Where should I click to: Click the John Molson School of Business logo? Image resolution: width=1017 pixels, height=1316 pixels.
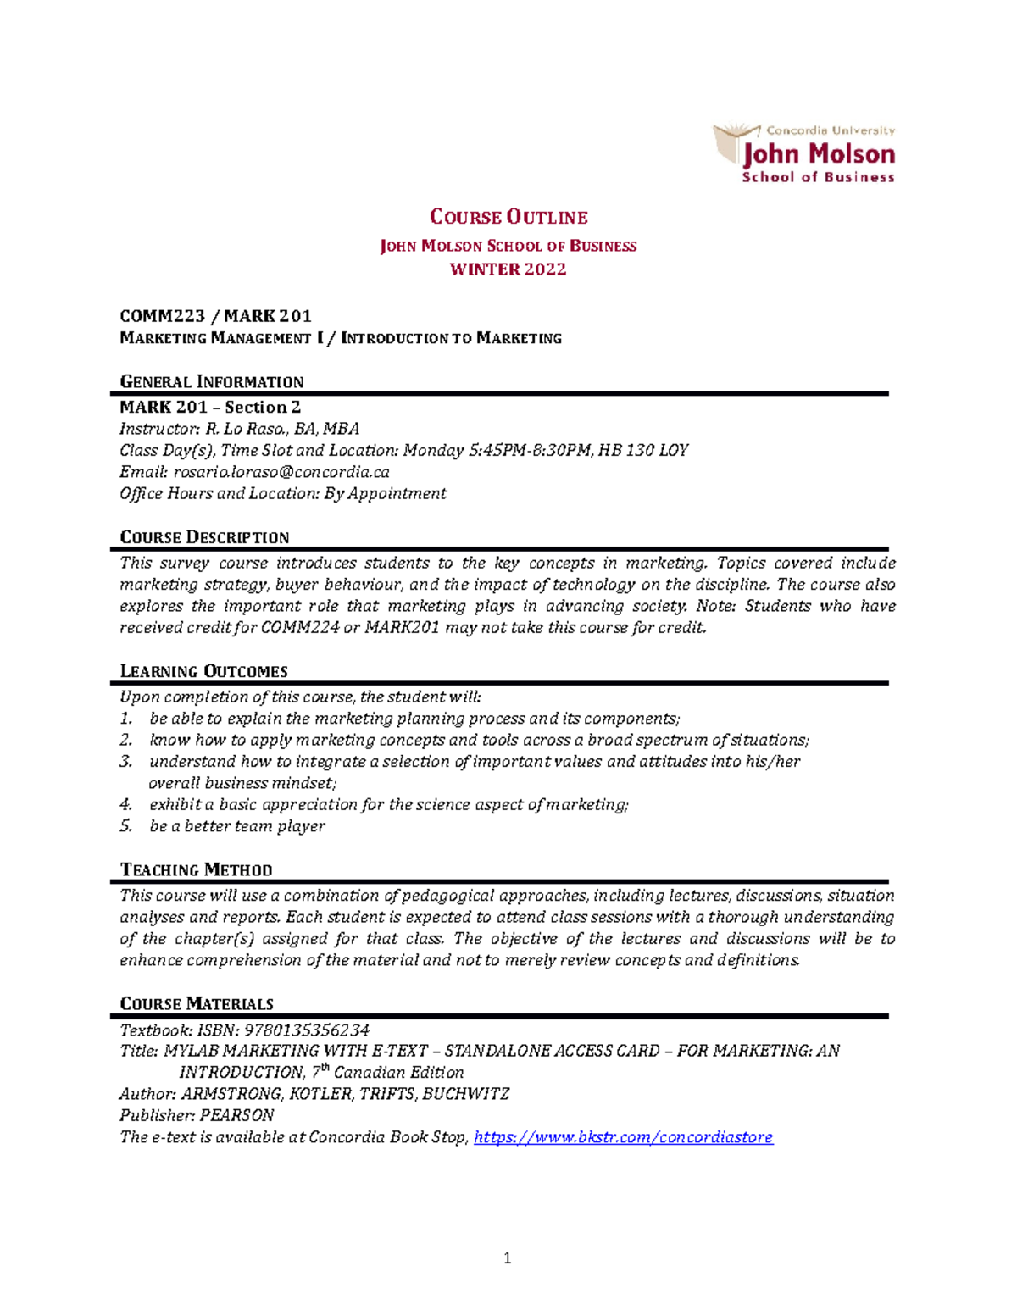pyautogui.click(x=804, y=153)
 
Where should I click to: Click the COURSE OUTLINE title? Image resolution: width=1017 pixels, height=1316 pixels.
pyautogui.click(x=508, y=217)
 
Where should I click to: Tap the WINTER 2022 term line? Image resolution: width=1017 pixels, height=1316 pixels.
pyautogui.click(x=508, y=269)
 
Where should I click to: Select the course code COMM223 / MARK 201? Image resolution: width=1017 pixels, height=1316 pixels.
pyautogui.click(x=215, y=316)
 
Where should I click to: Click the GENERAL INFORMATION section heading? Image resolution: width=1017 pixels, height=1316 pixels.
pyautogui.click(x=211, y=381)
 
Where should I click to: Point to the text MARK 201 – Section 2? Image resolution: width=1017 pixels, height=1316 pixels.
pyautogui.click(x=210, y=407)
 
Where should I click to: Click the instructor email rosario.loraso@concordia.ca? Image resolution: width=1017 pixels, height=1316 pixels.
pyautogui.click(x=281, y=472)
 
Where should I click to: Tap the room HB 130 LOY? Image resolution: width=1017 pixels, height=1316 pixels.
pyautogui.click(x=643, y=450)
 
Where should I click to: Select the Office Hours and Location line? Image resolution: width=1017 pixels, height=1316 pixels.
pyautogui.click(x=282, y=493)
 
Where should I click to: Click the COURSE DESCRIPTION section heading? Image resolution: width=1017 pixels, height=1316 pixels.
pyautogui.click(x=204, y=537)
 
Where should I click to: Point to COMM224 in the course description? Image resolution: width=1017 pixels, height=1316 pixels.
pyautogui.click(x=299, y=628)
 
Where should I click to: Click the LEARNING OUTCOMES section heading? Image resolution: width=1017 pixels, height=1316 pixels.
pyautogui.click(x=203, y=671)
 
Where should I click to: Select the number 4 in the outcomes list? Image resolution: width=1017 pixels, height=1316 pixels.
pyautogui.click(x=125, y=805)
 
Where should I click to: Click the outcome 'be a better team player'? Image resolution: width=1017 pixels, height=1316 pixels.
pyautogui.click(x=236, y=826)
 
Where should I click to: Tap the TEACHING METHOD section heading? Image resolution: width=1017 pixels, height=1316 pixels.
pyautogui.click(x=196, y=869)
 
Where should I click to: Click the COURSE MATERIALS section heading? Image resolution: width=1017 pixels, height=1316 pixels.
pyautogui.click(x=197, y=1003)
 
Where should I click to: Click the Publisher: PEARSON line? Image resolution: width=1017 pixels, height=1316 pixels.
pyautogui.click(x=197, y=1115)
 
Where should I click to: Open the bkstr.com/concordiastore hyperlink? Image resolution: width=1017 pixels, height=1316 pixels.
pyautogui.click(x=623, y=1137)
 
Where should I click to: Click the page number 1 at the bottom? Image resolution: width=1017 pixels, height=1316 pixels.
pyautogui.click(x=507, y=1258)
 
